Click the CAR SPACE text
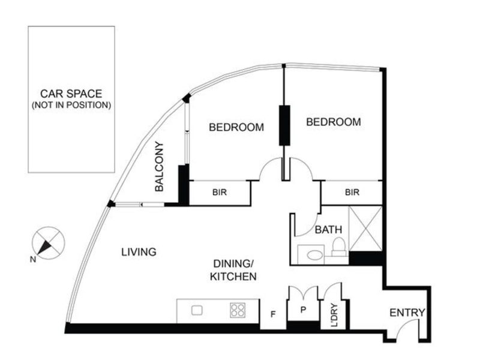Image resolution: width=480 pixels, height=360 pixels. [x=71, y=94]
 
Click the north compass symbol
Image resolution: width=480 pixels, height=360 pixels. [x=48, y=243]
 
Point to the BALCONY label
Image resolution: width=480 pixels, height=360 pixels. [x=160, y=166]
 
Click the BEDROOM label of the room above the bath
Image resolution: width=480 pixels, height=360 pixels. [x=334, y=122]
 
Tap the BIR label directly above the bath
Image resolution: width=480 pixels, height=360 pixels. [x=352, y=193]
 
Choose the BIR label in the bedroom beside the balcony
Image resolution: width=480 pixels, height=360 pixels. [x=219, y=193]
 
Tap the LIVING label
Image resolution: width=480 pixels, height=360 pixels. [x=139, y=252]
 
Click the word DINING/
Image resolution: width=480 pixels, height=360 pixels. [x=234, y=264]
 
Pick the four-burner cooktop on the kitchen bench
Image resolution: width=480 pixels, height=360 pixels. [x=238, y=310]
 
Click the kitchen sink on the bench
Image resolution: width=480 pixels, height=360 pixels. [x=197, y=310]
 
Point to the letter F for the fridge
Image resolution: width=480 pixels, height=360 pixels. [x=273, y=313]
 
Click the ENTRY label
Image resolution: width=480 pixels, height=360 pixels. [x=407, y=313]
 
